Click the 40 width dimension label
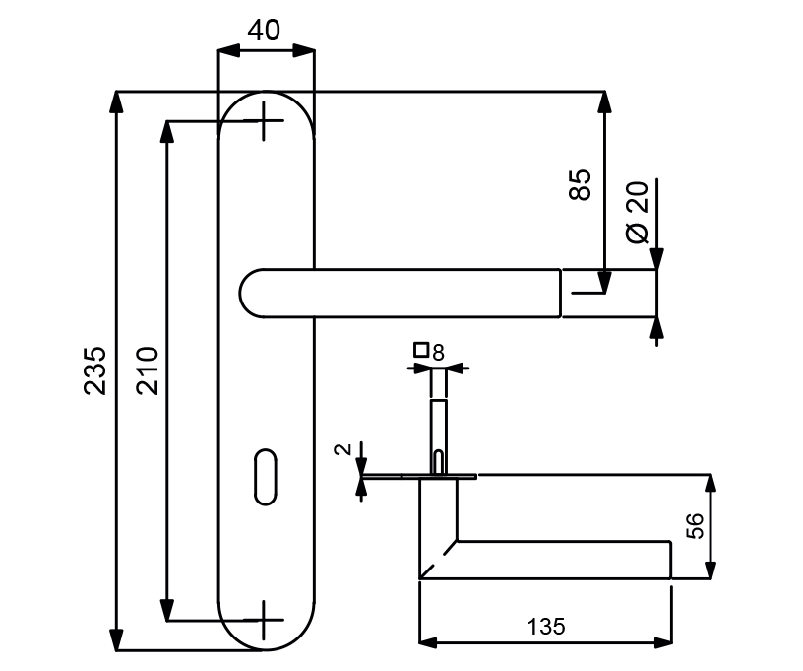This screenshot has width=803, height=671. [x=264, y=31]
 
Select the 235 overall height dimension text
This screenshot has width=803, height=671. [x=95, y=370]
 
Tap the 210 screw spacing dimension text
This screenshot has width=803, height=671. [x=148, y=370]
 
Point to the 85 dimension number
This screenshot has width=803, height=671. [x=581, y=184]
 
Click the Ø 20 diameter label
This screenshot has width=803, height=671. [x=637, y=212]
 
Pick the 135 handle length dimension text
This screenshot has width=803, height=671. [x=546, y=627]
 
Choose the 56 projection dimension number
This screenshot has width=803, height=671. [x=695, y=526]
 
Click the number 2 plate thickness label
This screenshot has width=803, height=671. [x=342, y=449]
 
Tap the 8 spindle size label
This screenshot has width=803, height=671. [x=438, y=353]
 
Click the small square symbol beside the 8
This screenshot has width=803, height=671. [x=421, y=350]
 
